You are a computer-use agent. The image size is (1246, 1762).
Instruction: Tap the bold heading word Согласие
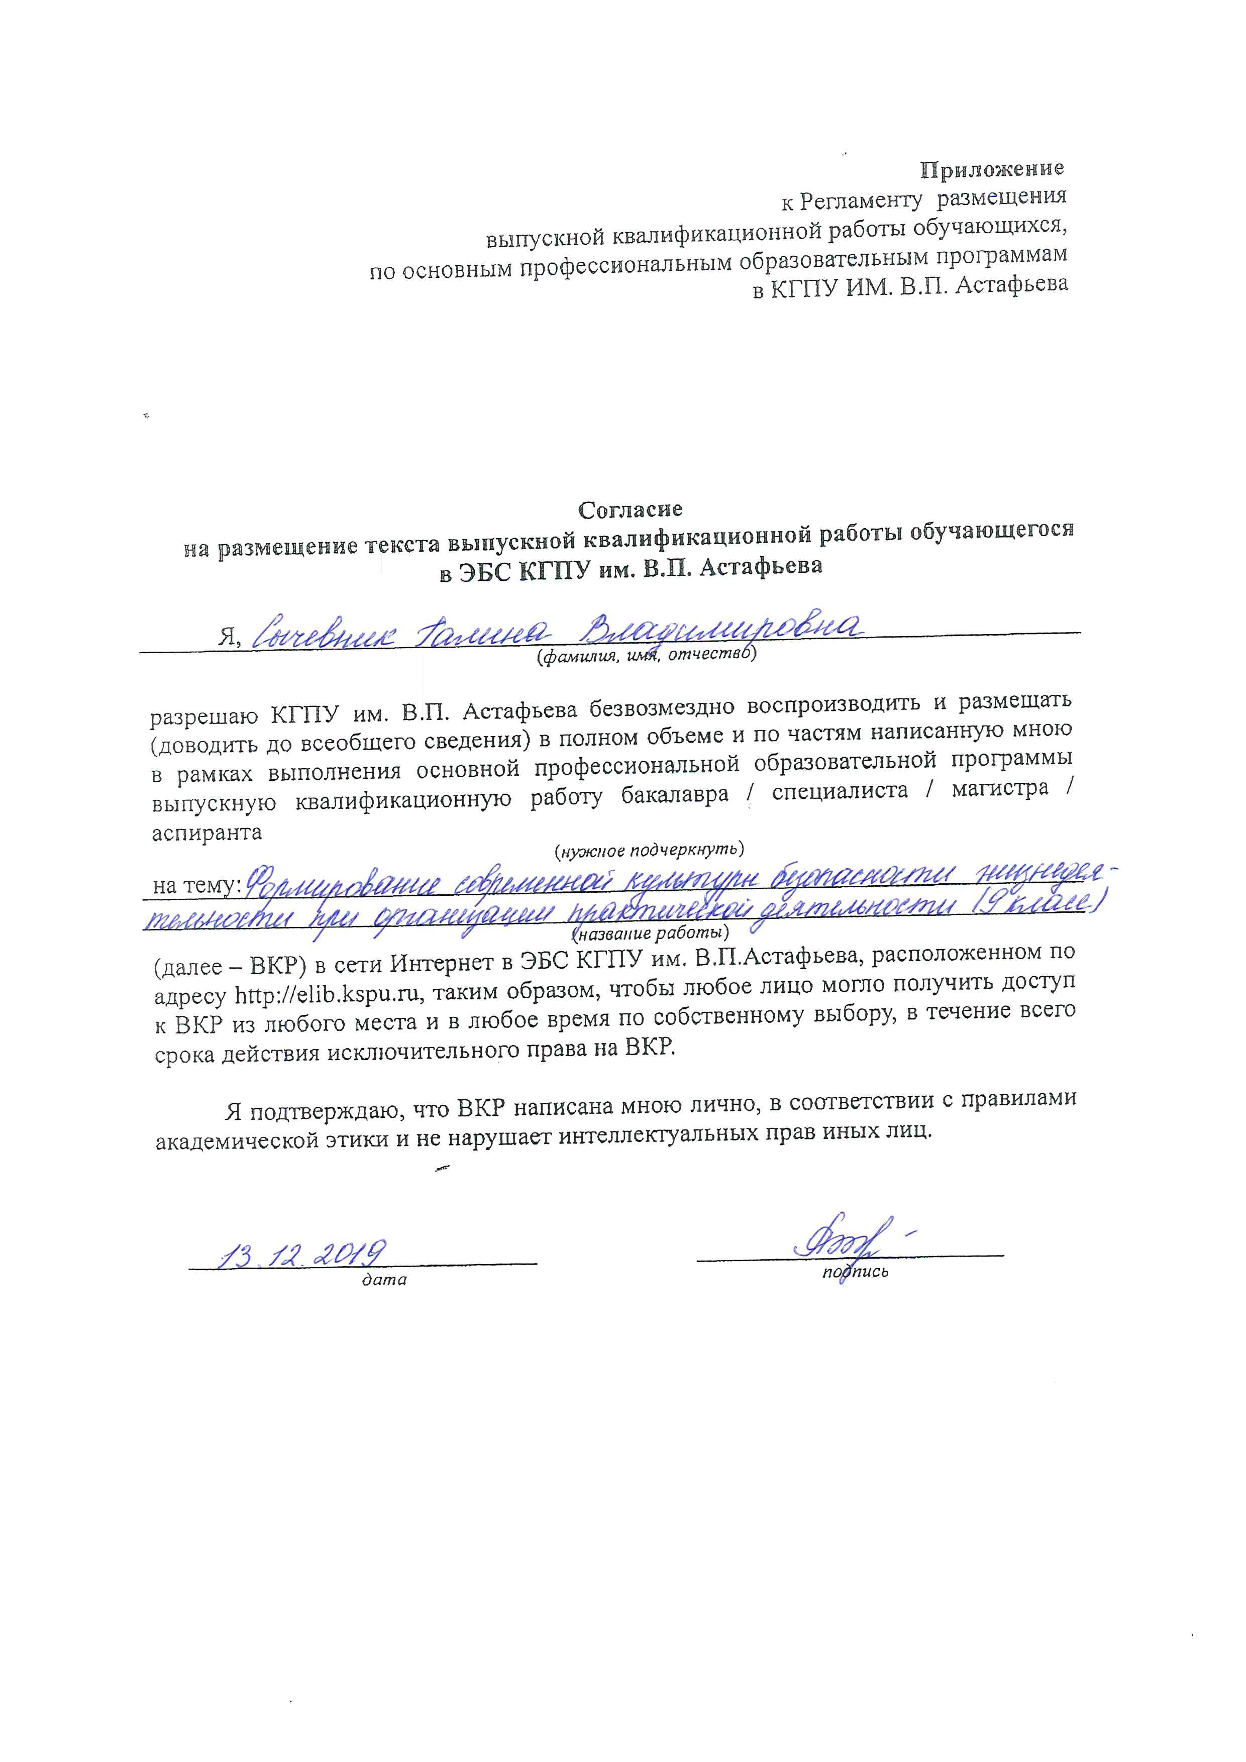630,509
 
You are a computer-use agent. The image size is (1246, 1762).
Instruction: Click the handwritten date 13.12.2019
302,1254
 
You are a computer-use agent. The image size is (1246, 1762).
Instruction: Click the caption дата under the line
384,1280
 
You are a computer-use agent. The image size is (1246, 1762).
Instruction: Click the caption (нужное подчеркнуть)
649,850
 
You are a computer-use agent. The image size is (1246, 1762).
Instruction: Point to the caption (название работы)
650,933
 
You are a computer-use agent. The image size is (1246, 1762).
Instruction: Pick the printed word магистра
1000,789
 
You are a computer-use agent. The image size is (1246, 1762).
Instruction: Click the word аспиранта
207,833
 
